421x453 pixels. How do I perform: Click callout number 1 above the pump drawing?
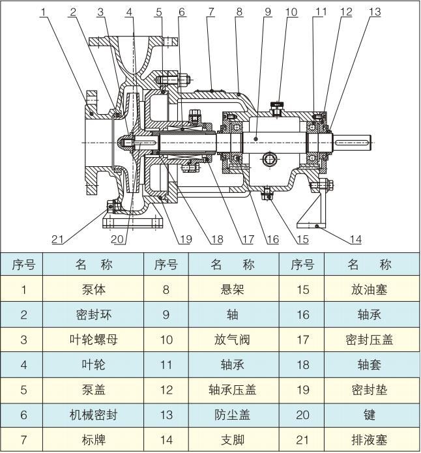(44, 12)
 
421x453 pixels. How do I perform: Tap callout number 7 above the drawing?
(211, 12)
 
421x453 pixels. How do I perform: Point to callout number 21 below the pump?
(58, 239)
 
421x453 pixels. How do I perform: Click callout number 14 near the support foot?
(355, 239)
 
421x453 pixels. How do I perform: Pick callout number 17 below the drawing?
(247, 239)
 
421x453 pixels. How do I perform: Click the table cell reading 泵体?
(94, 289)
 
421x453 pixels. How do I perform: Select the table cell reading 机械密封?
(94, 415)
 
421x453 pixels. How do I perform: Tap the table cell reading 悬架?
(232, 289)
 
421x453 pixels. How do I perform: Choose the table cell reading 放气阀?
(232, 340)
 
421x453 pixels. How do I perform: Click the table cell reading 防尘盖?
(232, 415)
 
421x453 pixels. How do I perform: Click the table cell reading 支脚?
(232, 439)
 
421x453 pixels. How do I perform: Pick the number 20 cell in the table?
(302, 415)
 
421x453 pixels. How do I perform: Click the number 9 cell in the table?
(166, 315)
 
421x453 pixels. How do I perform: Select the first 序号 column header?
(24, 265)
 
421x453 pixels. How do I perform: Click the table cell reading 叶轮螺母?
(94, 340)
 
